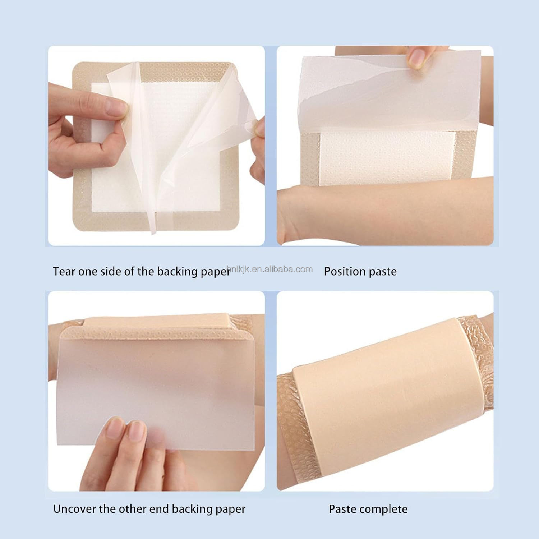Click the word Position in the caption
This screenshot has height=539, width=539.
coord(345,271)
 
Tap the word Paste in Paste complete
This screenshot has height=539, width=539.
coord(342,509)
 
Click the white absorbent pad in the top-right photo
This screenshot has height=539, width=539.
coord(388,158)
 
